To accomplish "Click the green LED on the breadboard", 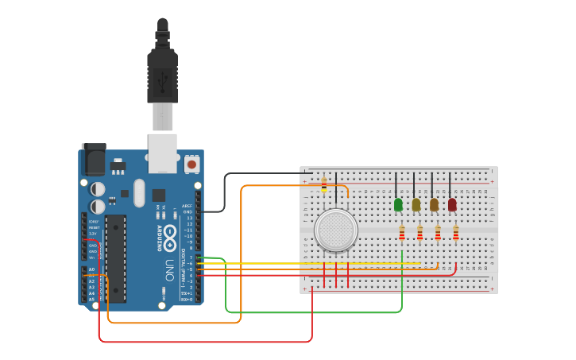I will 398,204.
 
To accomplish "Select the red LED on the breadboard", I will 452,204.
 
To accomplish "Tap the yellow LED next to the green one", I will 416,204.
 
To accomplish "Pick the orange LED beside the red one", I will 434,204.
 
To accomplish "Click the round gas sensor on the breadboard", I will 335,230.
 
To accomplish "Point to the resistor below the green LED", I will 402,233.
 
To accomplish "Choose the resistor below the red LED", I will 456,233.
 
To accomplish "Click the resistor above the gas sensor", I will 324,184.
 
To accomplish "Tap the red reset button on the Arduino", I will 191,165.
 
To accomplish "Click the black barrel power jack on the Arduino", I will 94,159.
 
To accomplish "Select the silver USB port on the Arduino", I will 163,153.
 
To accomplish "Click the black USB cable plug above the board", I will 162,75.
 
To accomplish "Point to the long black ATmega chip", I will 115,257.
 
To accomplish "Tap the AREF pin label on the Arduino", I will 187,206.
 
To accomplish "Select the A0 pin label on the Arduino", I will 91,269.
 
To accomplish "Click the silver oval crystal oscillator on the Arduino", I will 140,193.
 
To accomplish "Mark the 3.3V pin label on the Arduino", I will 93,233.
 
